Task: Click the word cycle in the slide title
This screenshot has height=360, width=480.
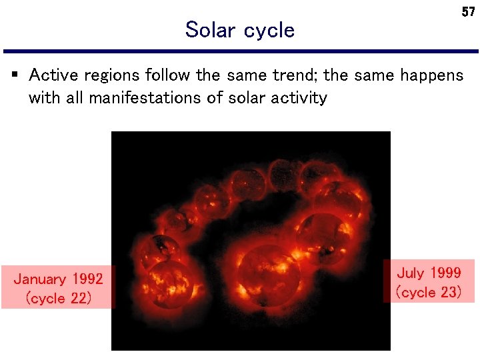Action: pos(269,31)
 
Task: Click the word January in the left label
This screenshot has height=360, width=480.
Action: pos(41,279)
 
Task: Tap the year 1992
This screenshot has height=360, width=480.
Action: pos(87,279)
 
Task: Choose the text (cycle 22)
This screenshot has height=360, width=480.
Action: pos(58,299)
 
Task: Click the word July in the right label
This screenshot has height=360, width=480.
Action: pos(413,273)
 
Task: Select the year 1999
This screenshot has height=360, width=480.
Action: pos(445,273)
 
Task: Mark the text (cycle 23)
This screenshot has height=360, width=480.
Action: pos(429,293)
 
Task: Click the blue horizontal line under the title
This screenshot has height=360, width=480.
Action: pos(240,51)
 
